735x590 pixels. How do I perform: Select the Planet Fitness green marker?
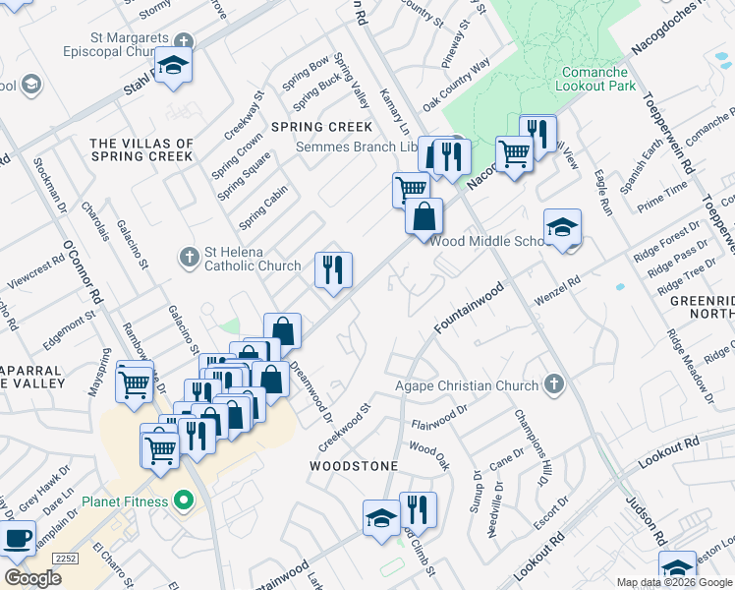[x=182, y=501]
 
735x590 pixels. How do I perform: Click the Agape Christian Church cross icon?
[x=554, y=385]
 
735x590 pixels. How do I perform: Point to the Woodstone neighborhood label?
[x=354, y=465]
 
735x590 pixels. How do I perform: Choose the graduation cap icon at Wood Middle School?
[x=562, y=228]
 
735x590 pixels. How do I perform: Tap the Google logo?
[x=32, y=578]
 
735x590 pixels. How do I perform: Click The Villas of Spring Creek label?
[x=141, y=149]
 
